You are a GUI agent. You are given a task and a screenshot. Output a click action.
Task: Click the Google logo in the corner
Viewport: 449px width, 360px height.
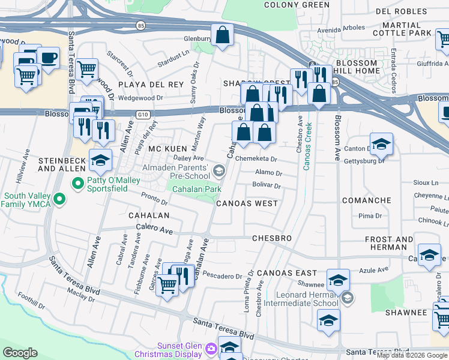point(20,352)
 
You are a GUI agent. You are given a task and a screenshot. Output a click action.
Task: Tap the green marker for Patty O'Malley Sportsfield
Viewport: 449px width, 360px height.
point(77,182)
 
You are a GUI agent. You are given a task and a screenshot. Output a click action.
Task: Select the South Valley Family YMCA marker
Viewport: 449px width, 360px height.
point(59,199)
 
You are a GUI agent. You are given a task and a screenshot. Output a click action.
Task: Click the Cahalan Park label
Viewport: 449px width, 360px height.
point(197,189)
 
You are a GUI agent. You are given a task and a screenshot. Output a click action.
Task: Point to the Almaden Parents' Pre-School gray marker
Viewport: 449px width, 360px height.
point(219,172)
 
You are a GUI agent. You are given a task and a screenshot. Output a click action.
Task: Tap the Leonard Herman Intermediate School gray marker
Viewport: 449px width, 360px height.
point(346,298)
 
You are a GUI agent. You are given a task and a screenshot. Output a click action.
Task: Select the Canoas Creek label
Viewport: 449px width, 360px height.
point(307,146)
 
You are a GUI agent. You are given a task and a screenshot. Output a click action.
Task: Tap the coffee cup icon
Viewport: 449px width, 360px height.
point(48,58)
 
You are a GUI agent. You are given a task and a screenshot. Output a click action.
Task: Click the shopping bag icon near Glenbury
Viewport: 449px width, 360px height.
point(222,35)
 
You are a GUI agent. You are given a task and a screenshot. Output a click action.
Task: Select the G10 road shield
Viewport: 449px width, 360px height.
point(142,113)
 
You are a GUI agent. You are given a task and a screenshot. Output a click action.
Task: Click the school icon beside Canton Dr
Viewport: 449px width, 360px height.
point(381,144)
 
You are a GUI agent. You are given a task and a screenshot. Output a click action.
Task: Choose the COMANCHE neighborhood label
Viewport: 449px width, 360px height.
point(366,200)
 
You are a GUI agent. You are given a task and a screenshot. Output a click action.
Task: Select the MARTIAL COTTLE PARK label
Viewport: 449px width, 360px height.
point(410,29)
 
